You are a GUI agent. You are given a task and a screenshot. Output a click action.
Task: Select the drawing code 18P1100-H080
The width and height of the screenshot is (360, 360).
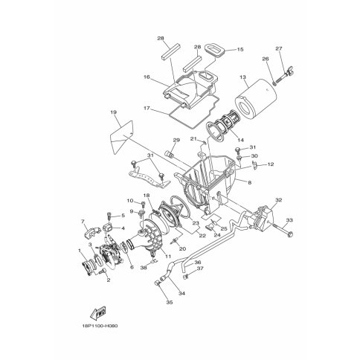point(99,326)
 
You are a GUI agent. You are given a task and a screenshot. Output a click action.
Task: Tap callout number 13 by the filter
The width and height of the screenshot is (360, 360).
point(242,77)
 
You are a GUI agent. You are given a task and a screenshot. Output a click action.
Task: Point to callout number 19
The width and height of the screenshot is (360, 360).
point(114,112)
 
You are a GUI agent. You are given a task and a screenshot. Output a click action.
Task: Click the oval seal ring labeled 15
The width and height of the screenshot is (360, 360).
point(214,51)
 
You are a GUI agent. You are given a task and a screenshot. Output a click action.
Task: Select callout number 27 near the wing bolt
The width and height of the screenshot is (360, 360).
point(279,49)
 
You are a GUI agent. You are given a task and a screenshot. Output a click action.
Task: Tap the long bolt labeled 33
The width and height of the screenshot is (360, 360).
point(283,230)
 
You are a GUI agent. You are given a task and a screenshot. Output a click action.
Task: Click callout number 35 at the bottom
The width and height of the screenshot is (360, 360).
point(170,302)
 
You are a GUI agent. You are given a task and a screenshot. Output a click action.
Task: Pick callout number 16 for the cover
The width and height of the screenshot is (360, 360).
point(147,77)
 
